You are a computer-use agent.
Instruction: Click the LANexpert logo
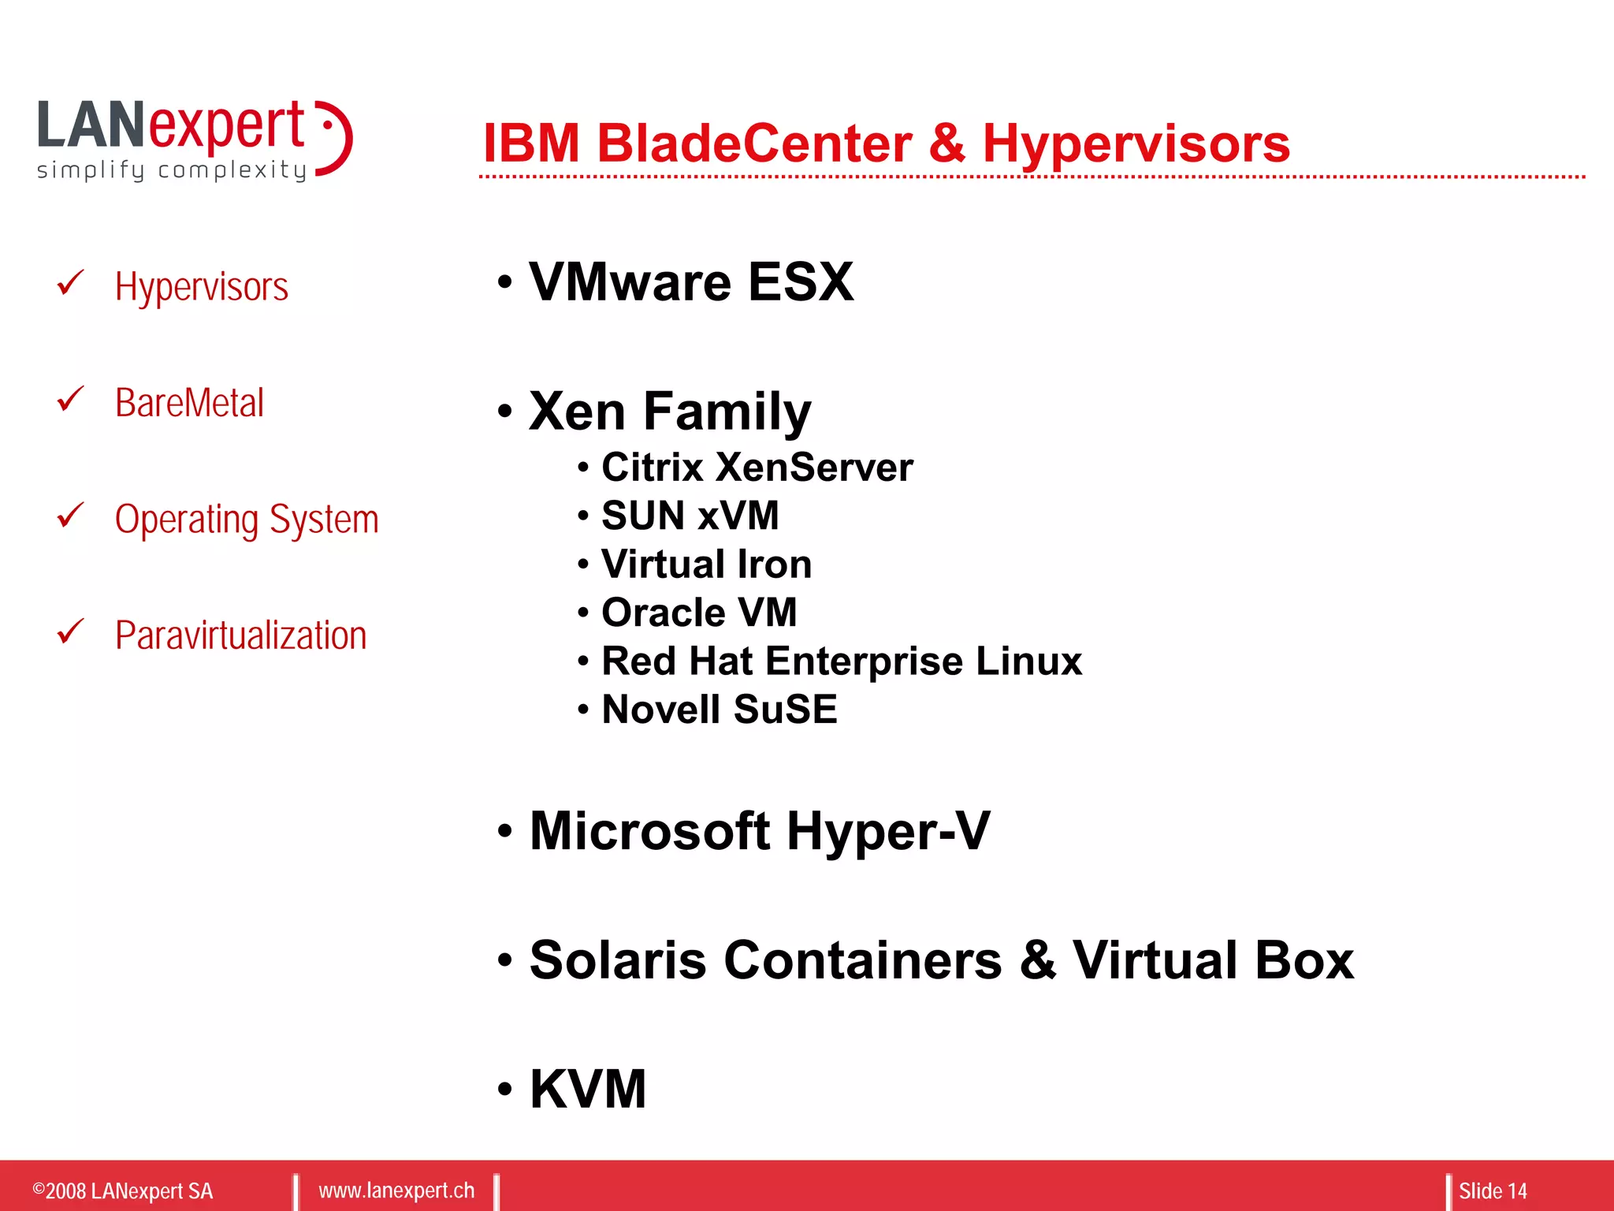click(194, 140)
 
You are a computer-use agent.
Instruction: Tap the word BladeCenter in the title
click(754, 144)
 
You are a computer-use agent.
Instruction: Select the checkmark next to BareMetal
click(70, 400)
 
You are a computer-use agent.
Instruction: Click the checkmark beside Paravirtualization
click(70, 632)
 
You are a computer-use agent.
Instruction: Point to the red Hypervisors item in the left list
click(201, 287)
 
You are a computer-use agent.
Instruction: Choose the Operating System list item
click(246, 520)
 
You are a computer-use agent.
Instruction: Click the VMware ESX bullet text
click(690, 282)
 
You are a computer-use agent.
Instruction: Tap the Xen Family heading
click(670, 412)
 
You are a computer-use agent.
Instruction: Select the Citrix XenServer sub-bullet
click(757, 468)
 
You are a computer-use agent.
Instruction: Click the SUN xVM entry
click(690, 516)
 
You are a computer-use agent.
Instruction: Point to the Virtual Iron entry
click(706, 565)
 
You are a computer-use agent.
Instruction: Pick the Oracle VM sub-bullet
click(699, 613)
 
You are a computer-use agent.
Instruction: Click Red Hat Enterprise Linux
click(841, 661)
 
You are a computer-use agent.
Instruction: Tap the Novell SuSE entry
click(719, 710)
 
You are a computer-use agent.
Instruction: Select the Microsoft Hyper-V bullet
click(759, 831)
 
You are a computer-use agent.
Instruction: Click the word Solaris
click(618, 960)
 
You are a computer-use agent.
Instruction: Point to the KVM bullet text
click(588, 1089)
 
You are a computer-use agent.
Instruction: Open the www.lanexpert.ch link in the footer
click(396, 1191)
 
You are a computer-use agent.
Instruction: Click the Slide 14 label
click(1492, 1191)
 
